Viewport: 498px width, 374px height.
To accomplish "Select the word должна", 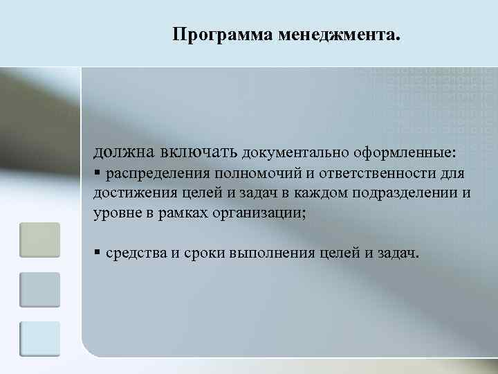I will [x=124, y=150].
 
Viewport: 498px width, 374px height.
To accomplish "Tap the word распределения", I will [x=157, y=172].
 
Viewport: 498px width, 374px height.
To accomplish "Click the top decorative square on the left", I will [x=39, y=240].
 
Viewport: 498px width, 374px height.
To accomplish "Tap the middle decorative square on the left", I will [x=39, y=290].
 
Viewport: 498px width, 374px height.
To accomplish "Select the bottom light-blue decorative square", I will [x=39, y=339].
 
